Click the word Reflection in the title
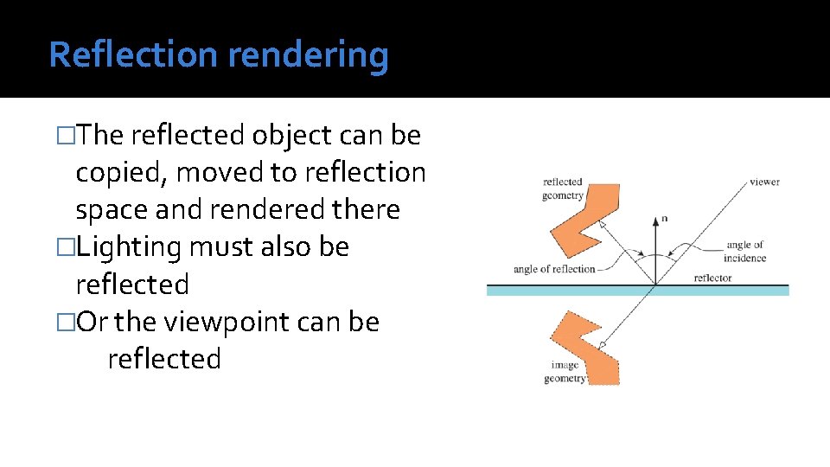click(x=134, y=54)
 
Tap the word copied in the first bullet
click(x=122, y=173)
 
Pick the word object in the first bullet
click(x=291, y=136)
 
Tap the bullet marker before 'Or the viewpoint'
click(x=62, y=322)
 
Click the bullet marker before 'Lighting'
click(x=62, y=247)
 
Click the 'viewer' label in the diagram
click(x=764, y=182)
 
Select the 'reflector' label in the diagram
click(x=712, y=278)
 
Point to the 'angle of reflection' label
click(x=554, y=269)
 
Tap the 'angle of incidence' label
click(x=745, y=252)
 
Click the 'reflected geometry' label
click(x=563, y=189)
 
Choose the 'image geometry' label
click(x=565, y=372)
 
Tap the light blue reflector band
click(x=638, y=291)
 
